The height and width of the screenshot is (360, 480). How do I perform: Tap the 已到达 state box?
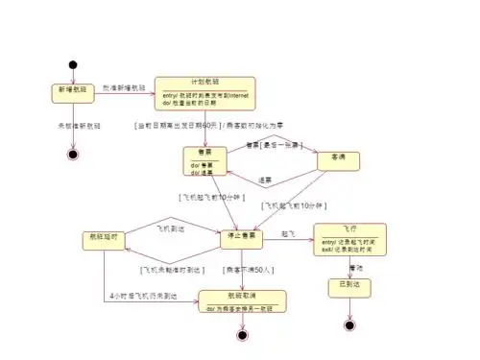(348, 286)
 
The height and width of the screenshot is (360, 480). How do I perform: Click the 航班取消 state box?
(242, 301)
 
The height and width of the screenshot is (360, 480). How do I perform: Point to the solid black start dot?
(72, 64)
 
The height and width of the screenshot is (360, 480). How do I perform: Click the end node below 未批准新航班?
(72, 153)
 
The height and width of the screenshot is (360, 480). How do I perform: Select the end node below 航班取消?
(242, 335)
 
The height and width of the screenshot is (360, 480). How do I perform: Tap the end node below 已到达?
(348, 325)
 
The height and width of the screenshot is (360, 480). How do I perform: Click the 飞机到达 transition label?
(171, 228)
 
